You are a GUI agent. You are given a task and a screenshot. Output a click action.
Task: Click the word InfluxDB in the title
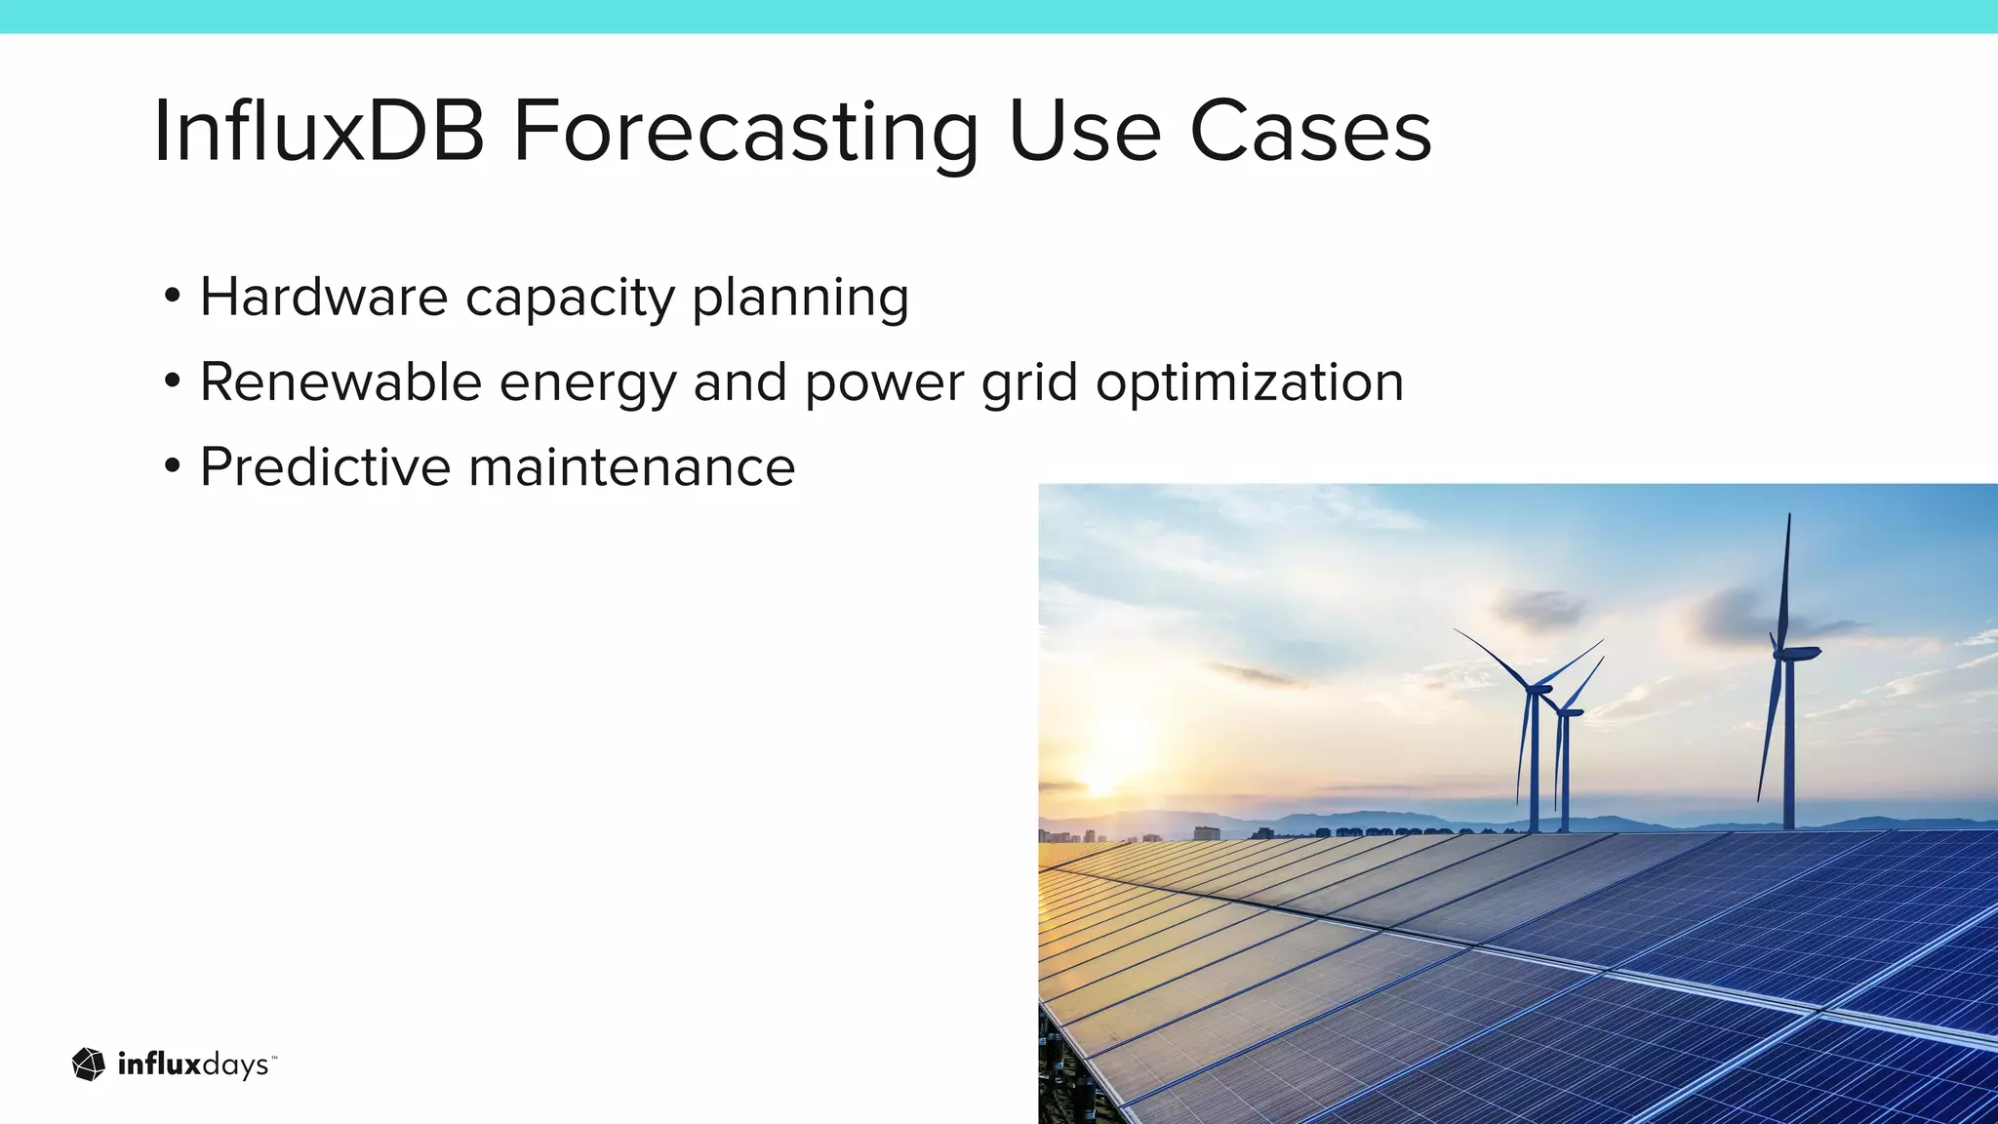(318, 131)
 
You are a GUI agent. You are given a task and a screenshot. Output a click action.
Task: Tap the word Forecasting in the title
(745, 133)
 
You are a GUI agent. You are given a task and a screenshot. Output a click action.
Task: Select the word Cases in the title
(1310, 131)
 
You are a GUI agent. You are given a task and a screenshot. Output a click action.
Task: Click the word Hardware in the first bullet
(323, 297)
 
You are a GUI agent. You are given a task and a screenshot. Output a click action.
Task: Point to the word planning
(800, 299)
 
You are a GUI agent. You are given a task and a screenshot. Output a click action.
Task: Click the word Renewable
(340, 381)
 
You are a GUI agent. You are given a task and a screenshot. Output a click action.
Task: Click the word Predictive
(325, 466)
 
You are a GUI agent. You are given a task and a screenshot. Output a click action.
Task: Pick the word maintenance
(632, 466)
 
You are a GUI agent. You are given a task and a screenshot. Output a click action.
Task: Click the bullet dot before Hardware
(173, 296)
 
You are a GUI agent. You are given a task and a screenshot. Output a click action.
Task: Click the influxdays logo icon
(89, 1064)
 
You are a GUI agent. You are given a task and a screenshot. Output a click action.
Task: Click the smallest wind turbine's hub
(1568, 712)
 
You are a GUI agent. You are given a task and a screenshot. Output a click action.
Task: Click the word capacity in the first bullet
(570, 299)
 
